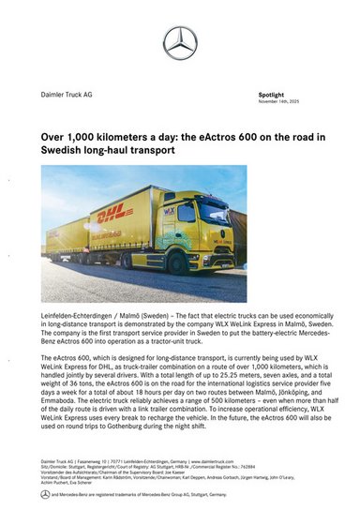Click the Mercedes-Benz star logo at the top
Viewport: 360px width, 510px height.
[x=180, y=42]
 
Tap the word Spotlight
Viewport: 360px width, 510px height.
[x=271, y=96]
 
